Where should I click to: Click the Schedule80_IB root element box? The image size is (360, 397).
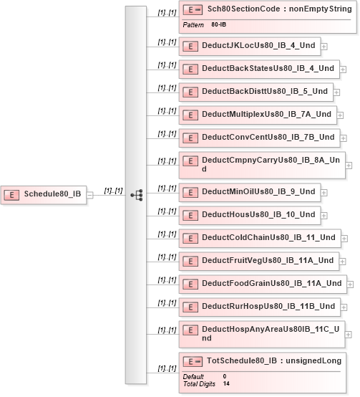tap(44, 195)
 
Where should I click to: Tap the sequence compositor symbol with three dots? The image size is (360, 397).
tap(137, 195)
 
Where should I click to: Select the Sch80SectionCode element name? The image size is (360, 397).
tap(244, 9)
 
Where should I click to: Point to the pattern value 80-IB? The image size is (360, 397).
tap(219, 24)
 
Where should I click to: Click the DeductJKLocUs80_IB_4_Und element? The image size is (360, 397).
tap(250, 47)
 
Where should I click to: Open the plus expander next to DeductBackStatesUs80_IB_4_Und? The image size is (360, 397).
tap(343, 70)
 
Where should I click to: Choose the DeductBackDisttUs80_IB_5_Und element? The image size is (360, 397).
tap(256, 92)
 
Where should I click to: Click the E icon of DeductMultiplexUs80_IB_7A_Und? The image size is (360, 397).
tap(190, 115)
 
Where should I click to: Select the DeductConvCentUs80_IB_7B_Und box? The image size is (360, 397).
tap(259, 138)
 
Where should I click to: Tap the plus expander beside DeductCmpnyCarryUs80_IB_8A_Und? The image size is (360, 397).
tap(349, 166)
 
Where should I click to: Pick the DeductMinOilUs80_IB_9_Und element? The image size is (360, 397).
tap(250, 193)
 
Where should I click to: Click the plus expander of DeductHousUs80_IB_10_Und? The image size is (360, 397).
tap(323, 216)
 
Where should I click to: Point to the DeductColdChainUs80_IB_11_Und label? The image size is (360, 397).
tap(268, 237)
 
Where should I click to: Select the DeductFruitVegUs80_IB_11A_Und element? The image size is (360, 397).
tap(259, 262)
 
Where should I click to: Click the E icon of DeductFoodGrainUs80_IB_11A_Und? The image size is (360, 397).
tap(190, 284)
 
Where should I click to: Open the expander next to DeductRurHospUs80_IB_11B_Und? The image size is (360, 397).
tap(344, 307)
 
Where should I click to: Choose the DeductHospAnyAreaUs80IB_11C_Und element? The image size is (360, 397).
tap(262, 334)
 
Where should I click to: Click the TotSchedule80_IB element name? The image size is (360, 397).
tap(242, 360)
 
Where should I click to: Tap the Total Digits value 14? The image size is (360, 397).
tap(226, 383)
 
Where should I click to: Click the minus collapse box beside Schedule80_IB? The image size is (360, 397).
tap(89, 195)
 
